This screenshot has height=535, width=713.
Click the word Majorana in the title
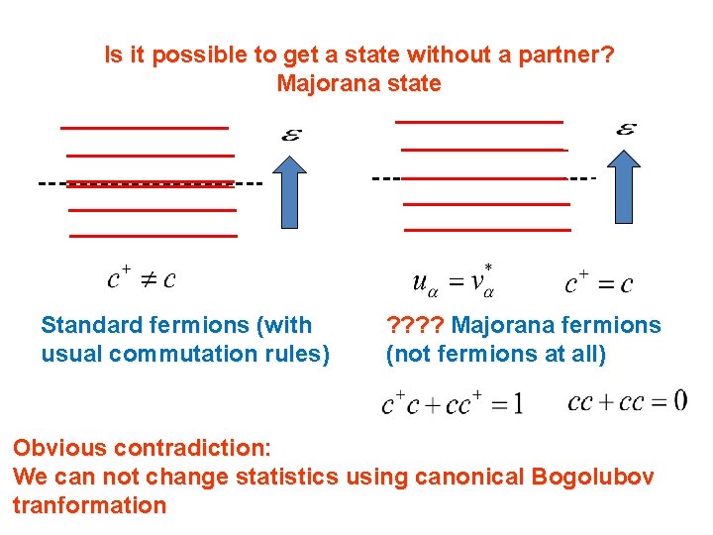(x=319, y=83)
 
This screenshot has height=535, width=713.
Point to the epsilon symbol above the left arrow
(x=292, y=135)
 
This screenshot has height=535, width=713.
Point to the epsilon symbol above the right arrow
(x=626, y=129)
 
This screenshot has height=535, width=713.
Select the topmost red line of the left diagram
(x=145, y=128)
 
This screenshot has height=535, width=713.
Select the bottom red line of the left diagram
(x=153, y=236)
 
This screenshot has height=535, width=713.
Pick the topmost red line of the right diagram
(x=479, y=122)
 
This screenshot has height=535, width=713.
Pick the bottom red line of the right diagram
(x=488, y=229)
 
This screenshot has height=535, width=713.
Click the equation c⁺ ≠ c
(x=142, y=277)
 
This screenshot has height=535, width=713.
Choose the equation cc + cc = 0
(x=627, y=401)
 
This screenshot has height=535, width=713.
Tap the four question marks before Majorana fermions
(x=415, y=325)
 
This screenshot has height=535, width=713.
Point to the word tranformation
(x=89, y=505)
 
